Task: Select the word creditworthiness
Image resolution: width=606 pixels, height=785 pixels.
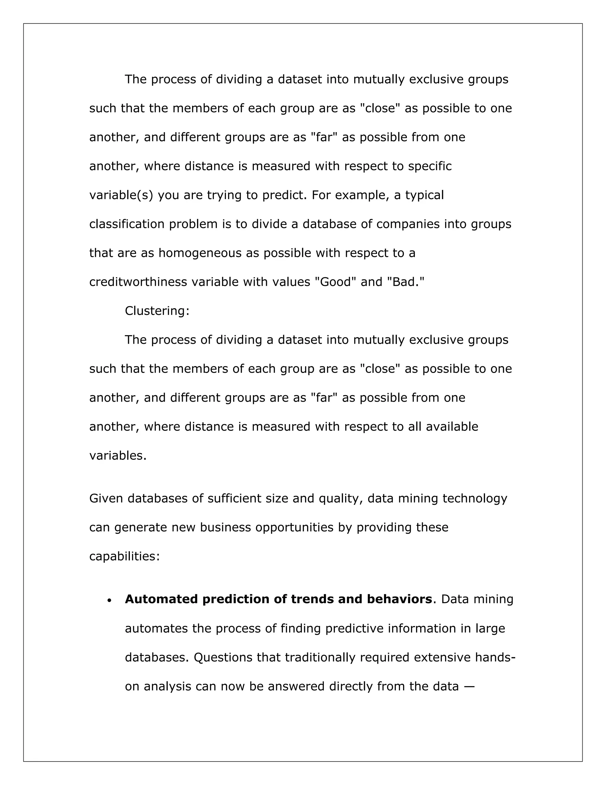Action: (x=138, y=282)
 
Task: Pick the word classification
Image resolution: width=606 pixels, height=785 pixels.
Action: (x=127, y=224)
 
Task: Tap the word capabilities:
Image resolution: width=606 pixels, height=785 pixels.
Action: (x=124, y=556)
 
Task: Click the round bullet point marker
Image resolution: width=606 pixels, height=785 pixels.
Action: (x=109, y=600)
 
